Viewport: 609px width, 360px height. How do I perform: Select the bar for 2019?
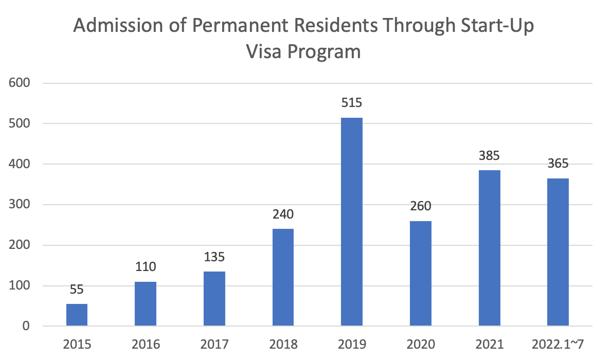click(351, 222)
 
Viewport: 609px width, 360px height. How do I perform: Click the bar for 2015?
click(77, 315)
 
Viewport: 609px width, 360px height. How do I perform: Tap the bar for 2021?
click(489, 248)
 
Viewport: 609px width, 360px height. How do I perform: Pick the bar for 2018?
click(283, 277)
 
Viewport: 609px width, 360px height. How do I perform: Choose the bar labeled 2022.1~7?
click(558, 252)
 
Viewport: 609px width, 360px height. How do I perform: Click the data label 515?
click(352, 102)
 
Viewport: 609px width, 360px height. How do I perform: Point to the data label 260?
click(421, 206)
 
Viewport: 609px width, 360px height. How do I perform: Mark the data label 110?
click(146, 267)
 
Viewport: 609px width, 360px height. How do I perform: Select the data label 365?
click(558, 164)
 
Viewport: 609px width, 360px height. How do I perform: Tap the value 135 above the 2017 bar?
click(214, 256)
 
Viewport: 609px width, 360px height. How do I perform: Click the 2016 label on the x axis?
click(146, 344)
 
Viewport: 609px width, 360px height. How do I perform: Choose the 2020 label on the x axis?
click(421, 344)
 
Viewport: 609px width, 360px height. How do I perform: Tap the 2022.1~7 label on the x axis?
click(558, 344)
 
